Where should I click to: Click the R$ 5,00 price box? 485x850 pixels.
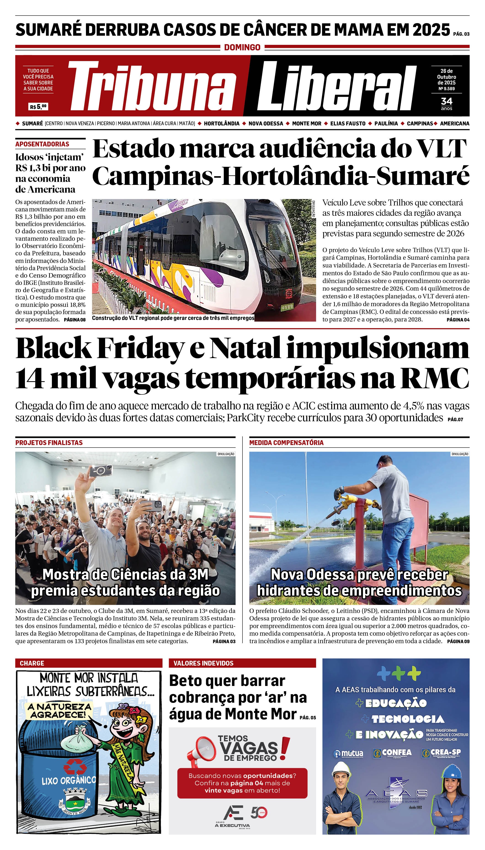tap(38, 107)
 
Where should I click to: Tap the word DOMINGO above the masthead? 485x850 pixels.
tap(242, 47)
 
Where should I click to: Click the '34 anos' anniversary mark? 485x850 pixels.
tap(446, 103)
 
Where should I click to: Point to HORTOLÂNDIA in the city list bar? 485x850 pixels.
tap(221, 123)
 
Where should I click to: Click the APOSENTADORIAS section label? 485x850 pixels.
tap(42, 144)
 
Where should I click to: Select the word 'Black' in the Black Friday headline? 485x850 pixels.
tap(53, 348)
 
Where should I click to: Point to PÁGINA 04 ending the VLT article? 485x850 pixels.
tap(458, 319)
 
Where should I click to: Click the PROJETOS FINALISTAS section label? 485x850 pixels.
tap(49, 443)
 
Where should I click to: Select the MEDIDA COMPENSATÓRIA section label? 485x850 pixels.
tap(286, 443)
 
